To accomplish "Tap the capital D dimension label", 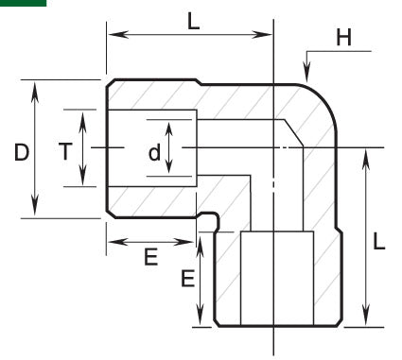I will pos(20,150).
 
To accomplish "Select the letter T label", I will pos(64,150).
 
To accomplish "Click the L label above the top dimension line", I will pos(193,20).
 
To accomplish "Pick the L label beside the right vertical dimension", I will pos(379,241).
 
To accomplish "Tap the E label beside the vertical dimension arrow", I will pos(187,279).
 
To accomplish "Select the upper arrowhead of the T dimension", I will pos(82,116).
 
